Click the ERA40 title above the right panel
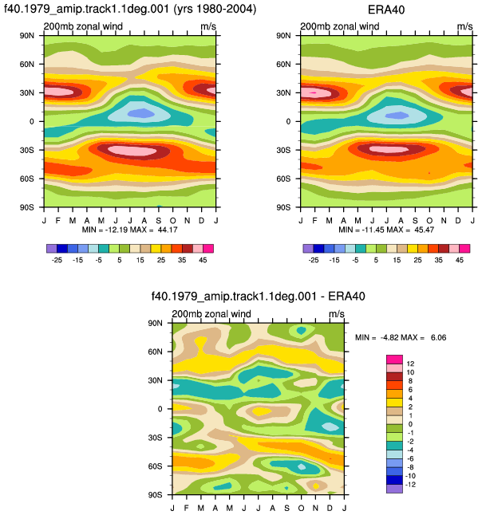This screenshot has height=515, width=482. [x=386, y=10]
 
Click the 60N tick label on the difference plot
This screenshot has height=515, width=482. [x=155, y=352]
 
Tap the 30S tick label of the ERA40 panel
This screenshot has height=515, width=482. [x=283, y=150]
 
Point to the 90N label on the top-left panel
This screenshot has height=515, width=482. [x=27, y=35]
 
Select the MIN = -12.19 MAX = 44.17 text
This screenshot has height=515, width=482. [x=130, y=230]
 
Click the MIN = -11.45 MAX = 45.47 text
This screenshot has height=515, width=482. [x=386, y=230]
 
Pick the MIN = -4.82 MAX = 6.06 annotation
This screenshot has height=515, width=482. [x=401, y=338]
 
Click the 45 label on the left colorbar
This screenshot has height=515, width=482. [x=203, y=260]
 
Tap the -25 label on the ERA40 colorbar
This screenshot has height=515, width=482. [x=314, y=260]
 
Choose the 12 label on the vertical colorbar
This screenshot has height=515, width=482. [x=410, y=364]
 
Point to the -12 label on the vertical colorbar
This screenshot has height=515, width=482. [x=410, y=485]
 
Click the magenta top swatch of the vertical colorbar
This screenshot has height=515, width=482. [x=394, y=360]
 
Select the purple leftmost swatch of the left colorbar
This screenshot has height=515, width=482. [x=52, y=249]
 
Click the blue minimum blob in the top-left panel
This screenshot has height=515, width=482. [x=140, y=113]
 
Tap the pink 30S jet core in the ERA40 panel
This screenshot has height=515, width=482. [x=389, y=149]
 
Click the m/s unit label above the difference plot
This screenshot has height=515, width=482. [x=336, y=314]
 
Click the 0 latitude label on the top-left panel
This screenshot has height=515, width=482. [x=32, y=121]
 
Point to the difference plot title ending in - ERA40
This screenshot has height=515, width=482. [x=258, y=297]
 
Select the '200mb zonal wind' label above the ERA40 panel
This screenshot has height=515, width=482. [x=340, y=26]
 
